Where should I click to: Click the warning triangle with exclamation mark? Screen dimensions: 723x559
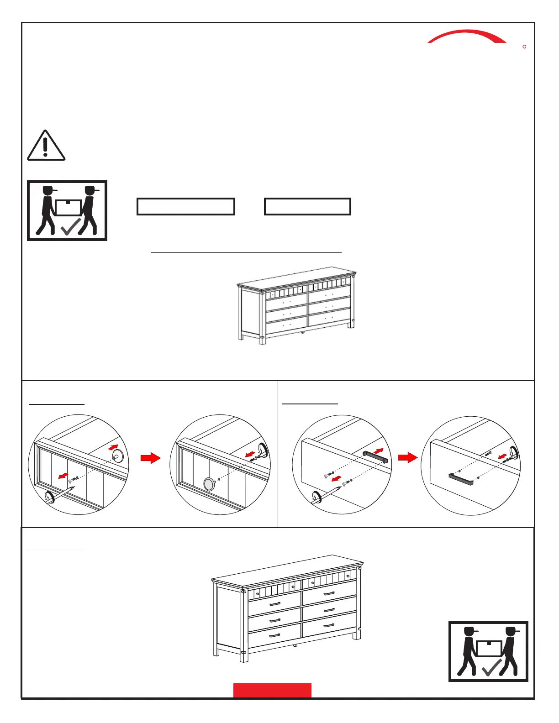[x=46, y=146]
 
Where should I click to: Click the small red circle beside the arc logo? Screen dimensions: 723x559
[x=524, y=47]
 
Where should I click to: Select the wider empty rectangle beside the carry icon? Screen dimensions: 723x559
[x=186, y=206]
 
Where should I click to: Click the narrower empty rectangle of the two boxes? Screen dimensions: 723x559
[x=307, y=206]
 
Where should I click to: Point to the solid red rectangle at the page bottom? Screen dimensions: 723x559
[x=272, y=690]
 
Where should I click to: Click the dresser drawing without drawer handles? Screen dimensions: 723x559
[x=296, y=305]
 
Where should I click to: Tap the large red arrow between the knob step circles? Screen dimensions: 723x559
[x=150, y=458]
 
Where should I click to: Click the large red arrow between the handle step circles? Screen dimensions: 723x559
[x=407, y=457]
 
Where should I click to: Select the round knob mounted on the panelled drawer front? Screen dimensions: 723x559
[x=209, y=484]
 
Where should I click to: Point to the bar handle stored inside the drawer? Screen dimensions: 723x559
[x=375, y=456]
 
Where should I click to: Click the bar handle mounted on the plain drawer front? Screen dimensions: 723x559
[x=460, y=479]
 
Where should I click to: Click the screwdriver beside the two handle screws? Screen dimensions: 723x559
[x=325, y=495]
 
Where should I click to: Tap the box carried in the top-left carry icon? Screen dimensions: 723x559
[x=68, y=207]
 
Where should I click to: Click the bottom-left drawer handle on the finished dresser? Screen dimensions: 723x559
[x=274, y=635]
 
